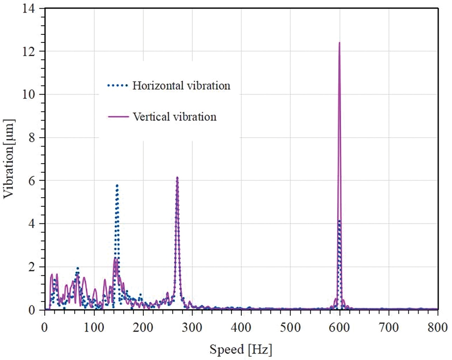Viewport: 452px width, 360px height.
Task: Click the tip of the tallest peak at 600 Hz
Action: coord(339,43)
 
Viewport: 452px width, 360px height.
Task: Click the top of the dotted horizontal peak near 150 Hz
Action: coord(117,185)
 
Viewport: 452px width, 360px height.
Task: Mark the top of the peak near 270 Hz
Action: coord(177,177)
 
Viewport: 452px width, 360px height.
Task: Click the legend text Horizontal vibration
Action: coord(181,86)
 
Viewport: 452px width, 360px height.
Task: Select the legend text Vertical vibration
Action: coord(175,117)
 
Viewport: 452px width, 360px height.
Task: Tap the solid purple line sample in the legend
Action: coord(119,117)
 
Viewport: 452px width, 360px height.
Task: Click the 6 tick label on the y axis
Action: coord(37,181)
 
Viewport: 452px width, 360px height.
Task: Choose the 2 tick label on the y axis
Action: coord(37,267)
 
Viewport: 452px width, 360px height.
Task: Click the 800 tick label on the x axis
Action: coord(438,327)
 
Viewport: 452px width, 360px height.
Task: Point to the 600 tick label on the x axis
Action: coord(339,327)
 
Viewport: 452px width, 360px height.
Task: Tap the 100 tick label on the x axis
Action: coord(94,327)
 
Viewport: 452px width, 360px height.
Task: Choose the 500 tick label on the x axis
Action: coord(290,327)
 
